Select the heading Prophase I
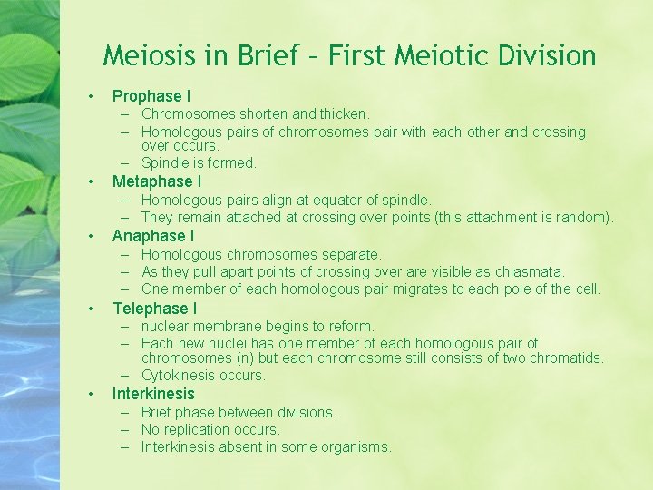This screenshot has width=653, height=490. [151, 95]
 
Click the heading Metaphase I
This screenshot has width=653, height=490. [157, 181]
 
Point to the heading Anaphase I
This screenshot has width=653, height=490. [153, 236]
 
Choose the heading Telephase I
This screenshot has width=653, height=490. [154, 309]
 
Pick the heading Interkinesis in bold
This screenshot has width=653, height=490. [153, 394]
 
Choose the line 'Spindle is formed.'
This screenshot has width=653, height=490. [199, 163]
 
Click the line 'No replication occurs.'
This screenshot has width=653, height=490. [210, 429]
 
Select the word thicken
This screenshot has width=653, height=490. [344, 114]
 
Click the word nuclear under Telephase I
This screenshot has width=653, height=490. [166, 326]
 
